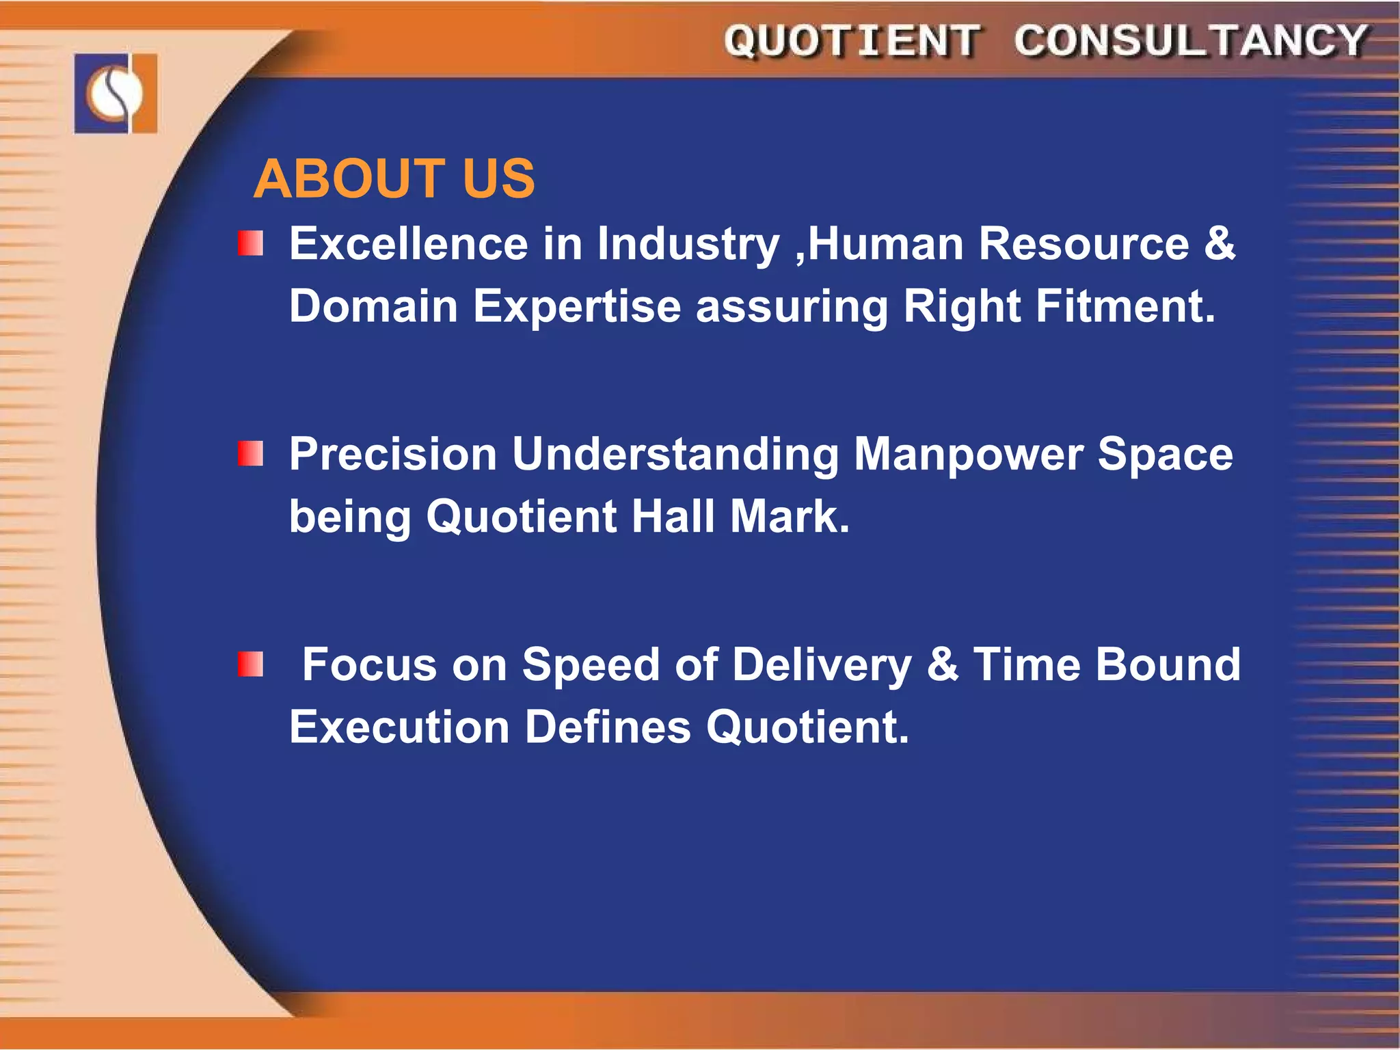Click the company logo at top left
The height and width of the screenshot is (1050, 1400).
[x=116, y=93]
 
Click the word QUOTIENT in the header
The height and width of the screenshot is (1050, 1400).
[x=852, y=41]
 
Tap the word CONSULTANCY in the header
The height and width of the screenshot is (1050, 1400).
[x=1190, y=41]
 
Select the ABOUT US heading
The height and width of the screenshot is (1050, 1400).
[x=394, y=179]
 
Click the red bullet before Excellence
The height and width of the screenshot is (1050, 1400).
[x=250, y=243]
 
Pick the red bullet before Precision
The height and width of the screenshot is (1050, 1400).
[x=250, y=454]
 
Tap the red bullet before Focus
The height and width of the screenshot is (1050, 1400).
[x=250, y=664]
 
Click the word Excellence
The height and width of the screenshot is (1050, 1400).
[x=408, y=243]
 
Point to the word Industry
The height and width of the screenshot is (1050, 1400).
[x=688, y=245]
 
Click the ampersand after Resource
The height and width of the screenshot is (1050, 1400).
[x=1220, y=243]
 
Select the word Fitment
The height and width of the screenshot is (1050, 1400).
[x=1125, y=306]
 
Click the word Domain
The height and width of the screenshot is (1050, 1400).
[x=373, y=306]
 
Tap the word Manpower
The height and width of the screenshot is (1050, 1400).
[x=969, y=455]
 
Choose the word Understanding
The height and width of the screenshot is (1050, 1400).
[x=675, y=455]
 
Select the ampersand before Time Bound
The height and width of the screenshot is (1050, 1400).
[x=942, y=664]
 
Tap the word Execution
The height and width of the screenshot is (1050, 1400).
[x=399, y=727]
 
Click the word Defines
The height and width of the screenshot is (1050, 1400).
[x=608, y=727]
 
